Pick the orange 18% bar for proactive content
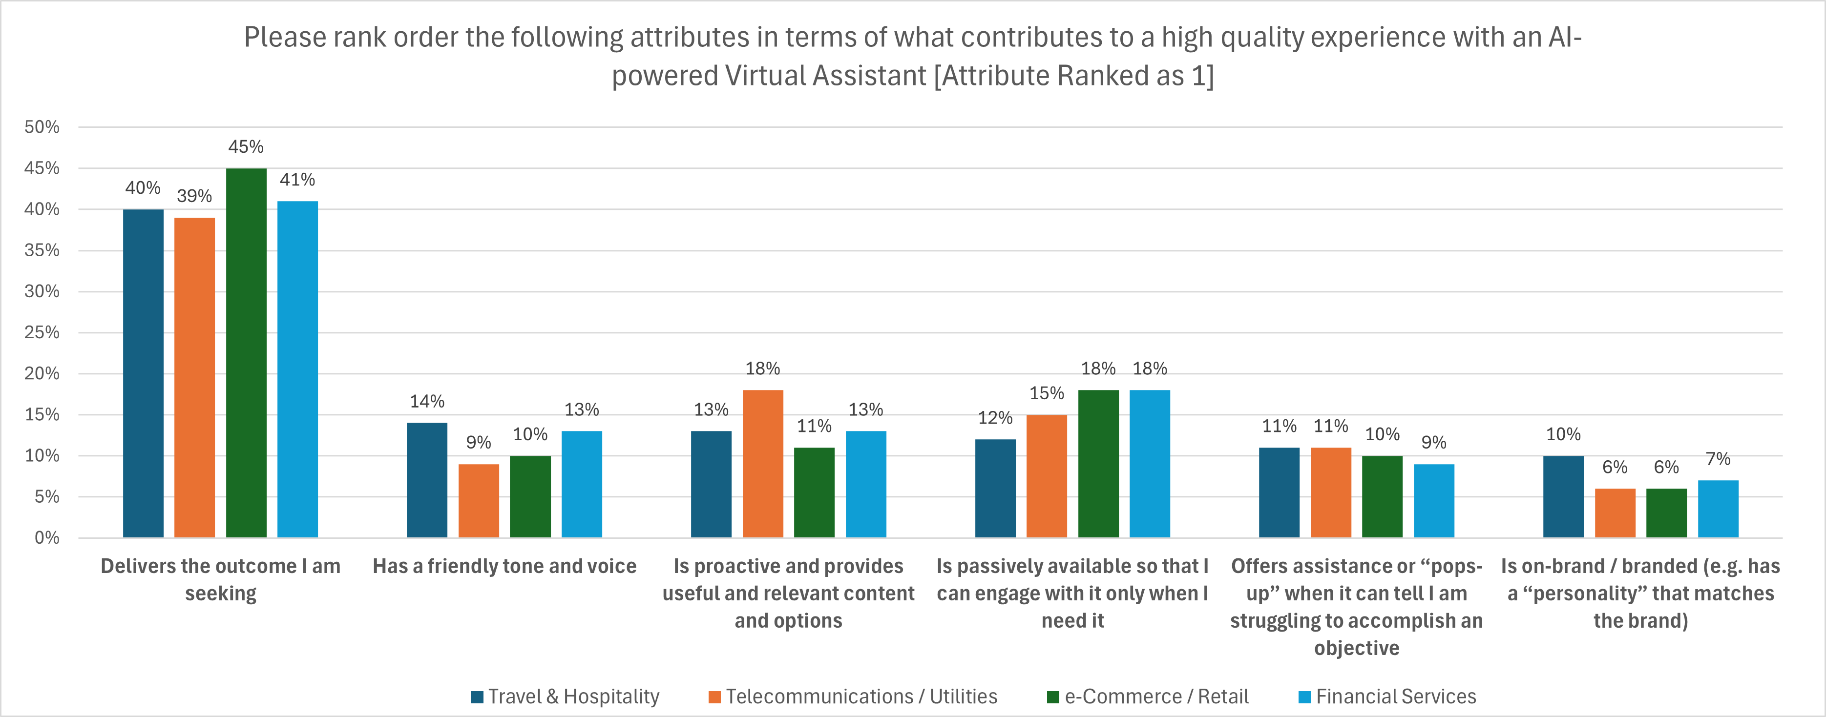[x=763, y=464]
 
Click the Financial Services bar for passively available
[x=1149, y=464]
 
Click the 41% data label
[x=297, y=180]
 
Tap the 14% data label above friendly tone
[x=427, y=402]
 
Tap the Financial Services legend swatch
[x=1304, y=697]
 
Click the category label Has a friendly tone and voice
[x=504, y=566]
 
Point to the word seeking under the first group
[x=220, y=594]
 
